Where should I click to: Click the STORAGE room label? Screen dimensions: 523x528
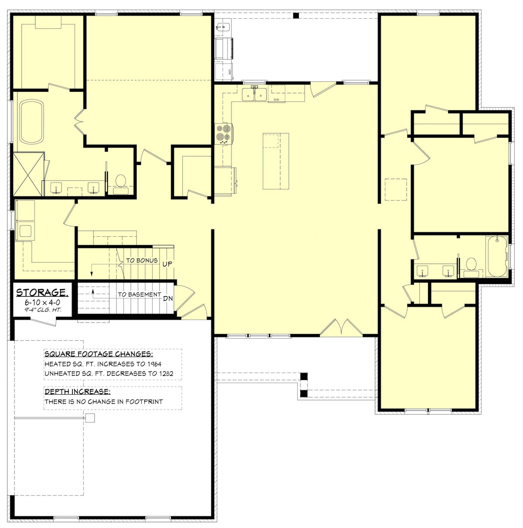42,293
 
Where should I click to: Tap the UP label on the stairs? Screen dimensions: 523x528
167,264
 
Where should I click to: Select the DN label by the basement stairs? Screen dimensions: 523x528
168,298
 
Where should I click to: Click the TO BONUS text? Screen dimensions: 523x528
142,260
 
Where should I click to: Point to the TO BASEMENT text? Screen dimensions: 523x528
139,295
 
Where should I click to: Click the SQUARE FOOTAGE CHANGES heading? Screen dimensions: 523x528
99,354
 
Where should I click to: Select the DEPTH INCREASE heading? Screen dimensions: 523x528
78,392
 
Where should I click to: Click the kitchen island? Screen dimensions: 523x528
276,161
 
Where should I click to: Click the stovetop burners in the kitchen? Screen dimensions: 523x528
223,134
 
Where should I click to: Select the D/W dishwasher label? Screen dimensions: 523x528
276,100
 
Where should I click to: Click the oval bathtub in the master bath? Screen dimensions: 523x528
31,122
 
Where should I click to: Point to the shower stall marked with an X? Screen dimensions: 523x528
28,174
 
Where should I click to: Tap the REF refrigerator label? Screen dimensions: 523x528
230,72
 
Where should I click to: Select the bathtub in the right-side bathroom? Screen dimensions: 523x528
497,256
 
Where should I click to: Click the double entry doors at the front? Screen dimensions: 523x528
341,327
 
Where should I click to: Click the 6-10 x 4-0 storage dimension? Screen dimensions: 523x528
42,303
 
